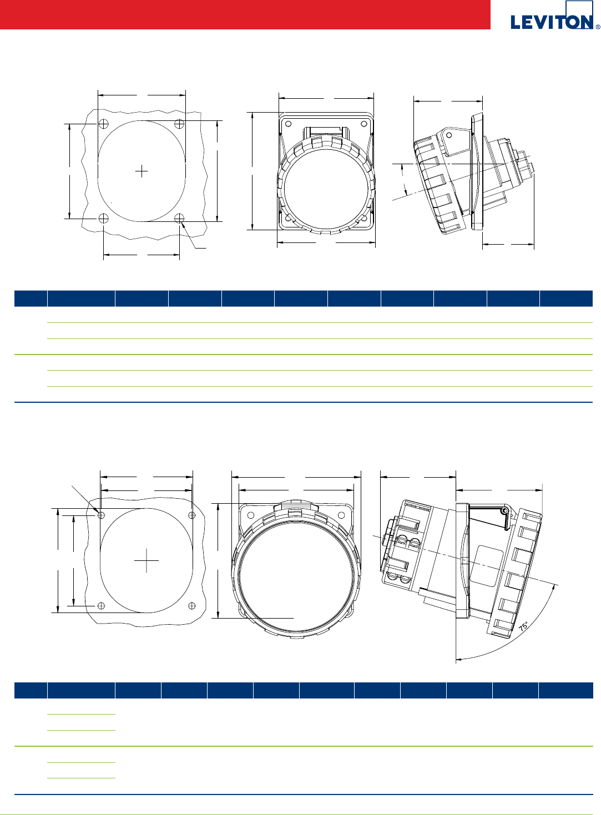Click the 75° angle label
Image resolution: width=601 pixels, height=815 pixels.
524,626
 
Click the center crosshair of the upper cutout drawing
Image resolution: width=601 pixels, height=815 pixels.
142,171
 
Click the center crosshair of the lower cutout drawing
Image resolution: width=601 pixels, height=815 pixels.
147,561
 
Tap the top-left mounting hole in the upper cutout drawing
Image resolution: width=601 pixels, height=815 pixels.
104,124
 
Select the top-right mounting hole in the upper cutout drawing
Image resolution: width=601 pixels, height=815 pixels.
179,124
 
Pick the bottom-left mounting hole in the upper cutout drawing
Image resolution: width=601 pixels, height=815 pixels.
104,218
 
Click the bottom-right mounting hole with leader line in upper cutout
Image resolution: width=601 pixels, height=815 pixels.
179,218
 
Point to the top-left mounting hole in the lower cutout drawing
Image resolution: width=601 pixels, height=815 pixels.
102,515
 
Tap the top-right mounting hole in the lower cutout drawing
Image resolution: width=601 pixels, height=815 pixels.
192,515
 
